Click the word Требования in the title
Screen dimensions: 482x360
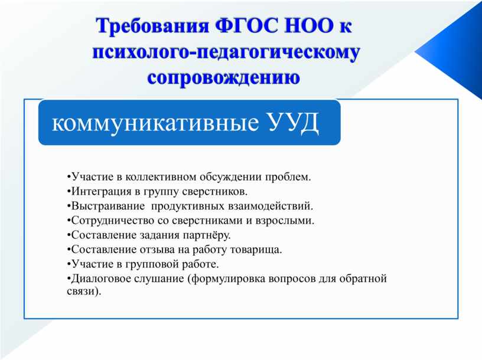152,26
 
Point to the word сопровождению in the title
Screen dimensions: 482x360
224,77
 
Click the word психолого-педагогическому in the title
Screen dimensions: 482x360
226,53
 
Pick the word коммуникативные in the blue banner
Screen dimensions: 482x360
155,123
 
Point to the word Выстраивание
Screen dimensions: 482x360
108,206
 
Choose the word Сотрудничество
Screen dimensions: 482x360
112,221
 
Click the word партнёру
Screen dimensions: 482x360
207,235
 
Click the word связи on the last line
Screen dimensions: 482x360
81,291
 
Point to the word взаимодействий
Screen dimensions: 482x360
271,206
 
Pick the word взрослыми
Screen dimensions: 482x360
285,221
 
